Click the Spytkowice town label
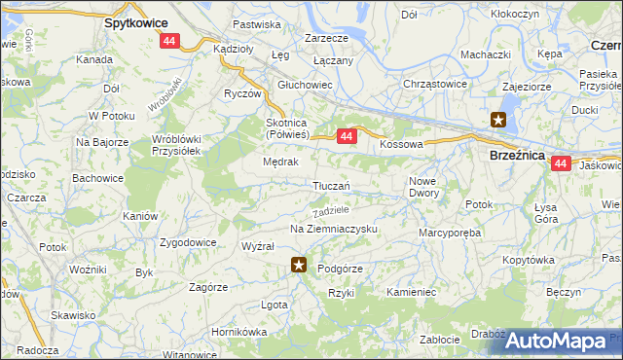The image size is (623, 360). point(135,21)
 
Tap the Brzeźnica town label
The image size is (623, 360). point(514,153)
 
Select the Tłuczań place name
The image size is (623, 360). point(331,186)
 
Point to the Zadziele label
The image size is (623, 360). point(331,210)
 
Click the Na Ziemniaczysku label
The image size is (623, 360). point(333,229)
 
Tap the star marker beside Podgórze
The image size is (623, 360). point(300,265)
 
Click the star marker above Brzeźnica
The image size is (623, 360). point(498,121)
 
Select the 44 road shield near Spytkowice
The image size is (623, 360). point(170,41)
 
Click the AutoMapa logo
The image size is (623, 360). point(556,341)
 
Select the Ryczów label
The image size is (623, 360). point(242,94)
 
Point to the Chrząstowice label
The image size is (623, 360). point(435,84)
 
